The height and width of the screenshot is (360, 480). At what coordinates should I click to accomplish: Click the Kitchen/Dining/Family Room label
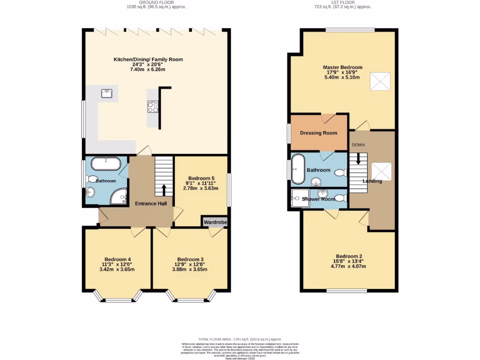(148, 60)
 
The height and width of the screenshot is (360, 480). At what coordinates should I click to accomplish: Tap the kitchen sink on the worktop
(106, 93)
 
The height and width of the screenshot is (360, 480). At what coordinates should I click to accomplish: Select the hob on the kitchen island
(153, 107)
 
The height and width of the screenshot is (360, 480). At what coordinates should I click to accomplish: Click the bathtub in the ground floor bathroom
(105, 164)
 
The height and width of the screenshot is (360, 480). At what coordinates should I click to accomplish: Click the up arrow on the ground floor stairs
(164, 190)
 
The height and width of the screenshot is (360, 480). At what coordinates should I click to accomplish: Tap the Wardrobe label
(215, 222)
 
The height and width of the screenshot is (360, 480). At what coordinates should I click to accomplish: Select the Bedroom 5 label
(201, 178)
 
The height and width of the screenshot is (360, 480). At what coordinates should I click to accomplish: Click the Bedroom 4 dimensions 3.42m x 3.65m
(117, 270)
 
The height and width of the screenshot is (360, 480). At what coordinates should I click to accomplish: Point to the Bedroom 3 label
(190, 259)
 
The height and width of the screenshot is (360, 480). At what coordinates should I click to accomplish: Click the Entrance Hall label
(151, 203)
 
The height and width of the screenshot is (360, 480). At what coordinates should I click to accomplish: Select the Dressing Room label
(318, 133)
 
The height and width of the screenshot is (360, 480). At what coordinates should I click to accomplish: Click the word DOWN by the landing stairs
(359, 145)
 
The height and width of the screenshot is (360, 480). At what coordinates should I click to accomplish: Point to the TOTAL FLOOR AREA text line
(240, 338)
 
